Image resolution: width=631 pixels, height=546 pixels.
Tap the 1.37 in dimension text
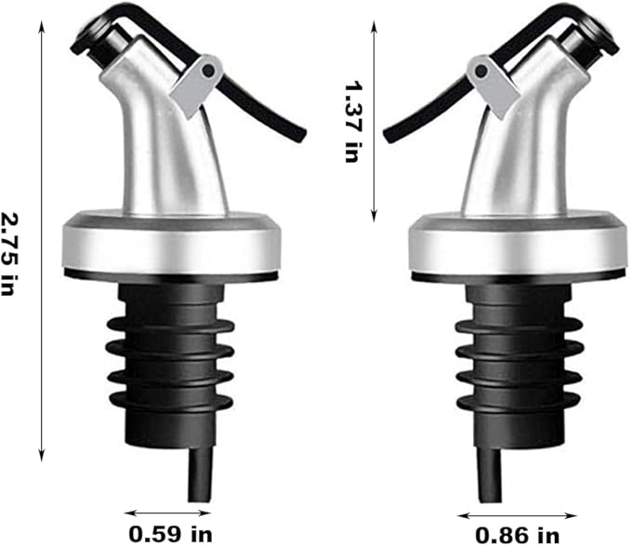click(351, 122)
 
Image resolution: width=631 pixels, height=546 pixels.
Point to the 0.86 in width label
click(517, 534)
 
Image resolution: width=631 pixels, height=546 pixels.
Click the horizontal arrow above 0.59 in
click(167, 511)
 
